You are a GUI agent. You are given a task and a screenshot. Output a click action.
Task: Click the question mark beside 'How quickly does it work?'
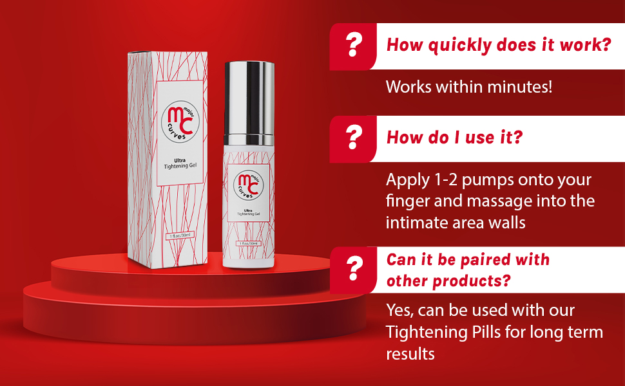[352, 46]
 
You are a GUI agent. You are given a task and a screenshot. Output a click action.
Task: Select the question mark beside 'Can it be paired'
[352, 269]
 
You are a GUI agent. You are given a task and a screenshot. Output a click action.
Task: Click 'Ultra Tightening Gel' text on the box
[179, 165]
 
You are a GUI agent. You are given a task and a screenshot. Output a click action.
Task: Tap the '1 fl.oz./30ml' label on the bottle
[248, 244]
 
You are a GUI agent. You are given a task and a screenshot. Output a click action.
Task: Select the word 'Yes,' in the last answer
[399, 311]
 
